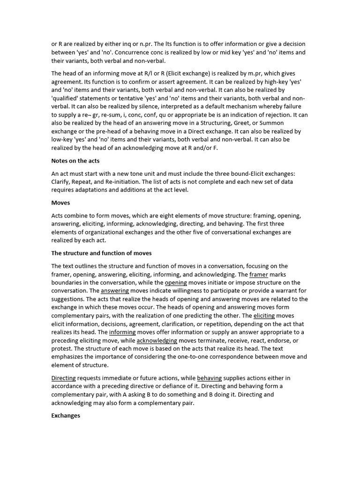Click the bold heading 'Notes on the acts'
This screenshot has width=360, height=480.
[75, 161]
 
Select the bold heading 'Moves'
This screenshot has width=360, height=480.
[60, 203]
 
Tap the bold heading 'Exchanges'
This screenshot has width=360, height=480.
[66, 415]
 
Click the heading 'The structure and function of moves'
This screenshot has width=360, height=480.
[101, 253]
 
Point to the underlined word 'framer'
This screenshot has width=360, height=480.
[259, 274]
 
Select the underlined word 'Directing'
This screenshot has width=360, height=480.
[63, 378]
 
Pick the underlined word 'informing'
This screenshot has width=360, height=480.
[122, 332]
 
